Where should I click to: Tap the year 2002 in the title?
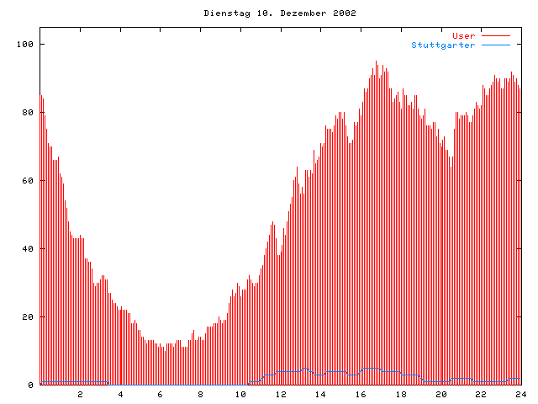(x=343, y=13)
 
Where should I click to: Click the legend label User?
(x=464, y=35)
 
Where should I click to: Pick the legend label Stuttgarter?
(x=443, y=45)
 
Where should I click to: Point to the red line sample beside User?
(x=496, y=36)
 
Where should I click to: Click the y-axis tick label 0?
(x=30, y=385)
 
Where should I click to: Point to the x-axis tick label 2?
(x=81, y=394)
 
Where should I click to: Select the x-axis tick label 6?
(x=161, y=394)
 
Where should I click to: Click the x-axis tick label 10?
(x=240, y=394)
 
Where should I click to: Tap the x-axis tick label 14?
(x=320, y=394)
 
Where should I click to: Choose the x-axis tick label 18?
(x=401, y=394)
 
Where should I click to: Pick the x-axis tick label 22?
(x=481, y=394)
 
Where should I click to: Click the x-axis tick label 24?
(x=520, y=394)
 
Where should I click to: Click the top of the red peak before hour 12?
(x=273, y=222)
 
